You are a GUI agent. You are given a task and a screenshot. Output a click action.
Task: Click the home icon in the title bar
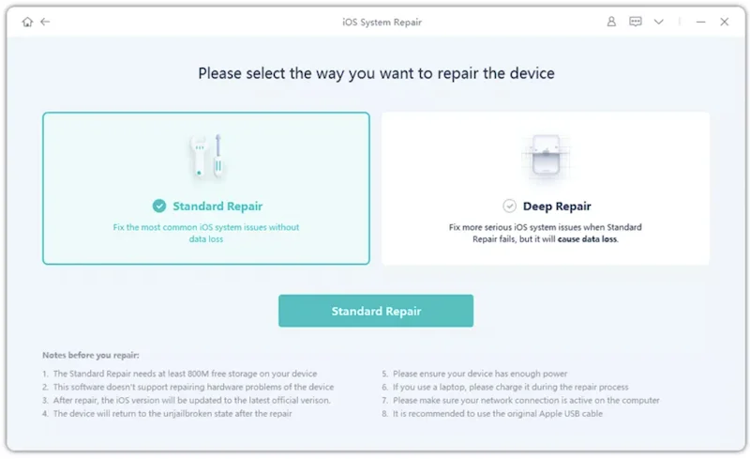click(27, 22)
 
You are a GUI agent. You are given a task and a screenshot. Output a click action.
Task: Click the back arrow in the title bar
click(45, 22)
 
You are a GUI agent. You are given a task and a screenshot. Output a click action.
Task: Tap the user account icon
click(611, 22)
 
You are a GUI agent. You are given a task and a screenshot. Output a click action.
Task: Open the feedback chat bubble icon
click(636, 22)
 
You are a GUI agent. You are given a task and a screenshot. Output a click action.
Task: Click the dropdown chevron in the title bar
click(659, 22)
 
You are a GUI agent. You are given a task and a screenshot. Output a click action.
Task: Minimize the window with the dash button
click(700, 22)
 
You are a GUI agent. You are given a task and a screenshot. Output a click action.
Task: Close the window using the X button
click(724, 22)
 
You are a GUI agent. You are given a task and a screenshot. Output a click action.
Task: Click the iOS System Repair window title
click(382, 22)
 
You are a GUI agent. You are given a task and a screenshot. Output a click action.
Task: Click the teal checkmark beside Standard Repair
click(159, 206)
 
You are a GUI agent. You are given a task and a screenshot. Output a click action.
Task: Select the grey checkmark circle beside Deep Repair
click(509, 206)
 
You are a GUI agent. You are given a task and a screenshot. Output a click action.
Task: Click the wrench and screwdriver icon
click(206, 156)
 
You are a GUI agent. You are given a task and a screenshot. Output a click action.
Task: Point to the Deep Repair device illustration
click(546, 156)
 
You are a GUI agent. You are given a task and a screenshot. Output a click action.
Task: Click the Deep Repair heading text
click(557, 207)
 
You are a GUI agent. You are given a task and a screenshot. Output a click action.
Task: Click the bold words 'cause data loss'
click(588, 239)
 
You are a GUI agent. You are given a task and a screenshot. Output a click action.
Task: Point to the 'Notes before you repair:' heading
click(91, 356)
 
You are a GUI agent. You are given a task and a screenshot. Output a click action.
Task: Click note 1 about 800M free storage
click(179, 374)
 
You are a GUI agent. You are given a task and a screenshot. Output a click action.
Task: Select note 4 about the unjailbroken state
click(167, 414)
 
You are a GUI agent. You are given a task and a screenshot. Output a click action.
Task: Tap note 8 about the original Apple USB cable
click(492, 414)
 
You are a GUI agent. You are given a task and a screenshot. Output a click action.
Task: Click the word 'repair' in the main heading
click(458, 74)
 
